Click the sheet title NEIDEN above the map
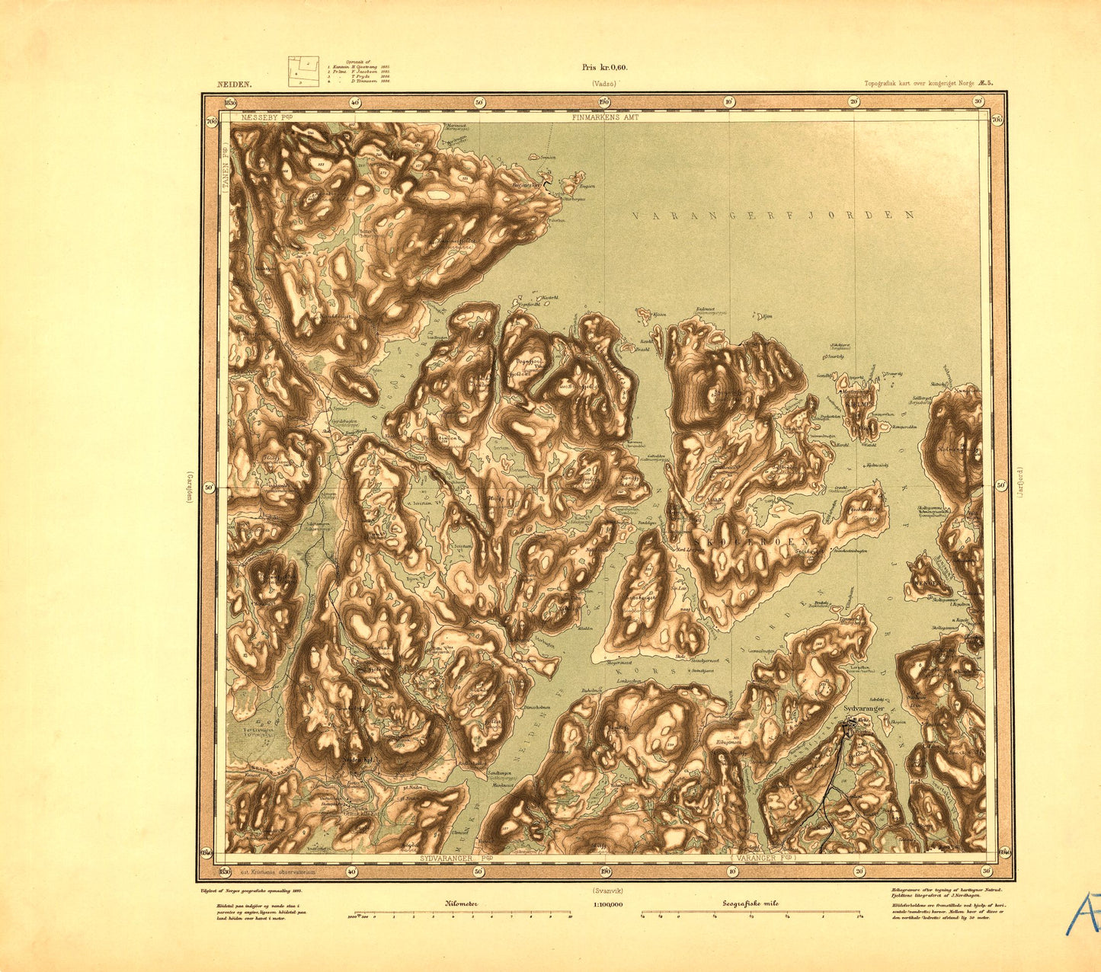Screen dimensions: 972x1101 click(229, 87)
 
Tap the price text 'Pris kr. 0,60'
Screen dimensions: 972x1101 click(604, 67)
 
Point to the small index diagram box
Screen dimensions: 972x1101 click(302, 72)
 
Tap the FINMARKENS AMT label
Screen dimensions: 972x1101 click(607, 117)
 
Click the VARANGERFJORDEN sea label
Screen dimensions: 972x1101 click(773, 216)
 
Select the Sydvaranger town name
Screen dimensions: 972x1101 click(863, 708)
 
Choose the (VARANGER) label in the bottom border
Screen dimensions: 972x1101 click(763, 858)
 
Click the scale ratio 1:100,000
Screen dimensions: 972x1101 click(607, 904)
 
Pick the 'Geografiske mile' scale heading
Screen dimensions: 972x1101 click(751, 903)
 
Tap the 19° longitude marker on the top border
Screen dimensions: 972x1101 click(604, 101)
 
